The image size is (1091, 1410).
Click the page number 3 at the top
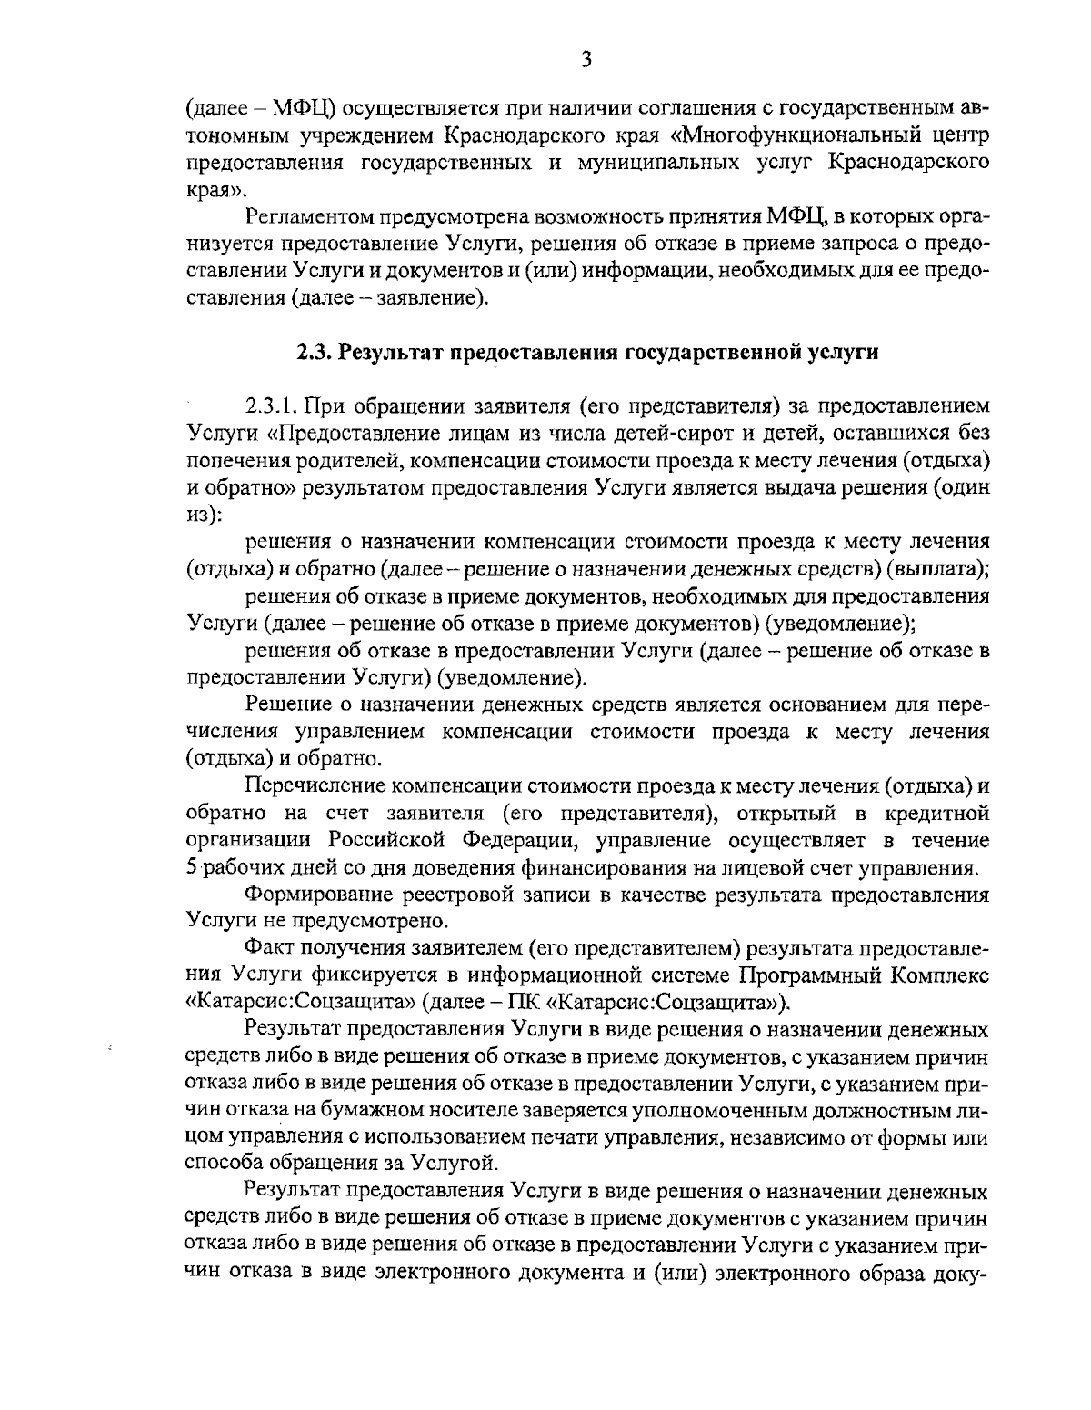[x=586, y=60]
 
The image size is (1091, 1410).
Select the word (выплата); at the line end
[x=938, y=569]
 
